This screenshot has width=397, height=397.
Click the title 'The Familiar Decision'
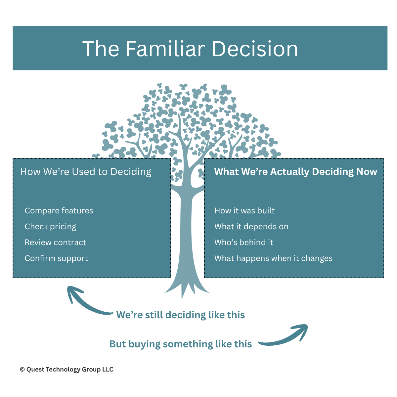click(x=190, y=49)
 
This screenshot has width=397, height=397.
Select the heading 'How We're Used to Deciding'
click(x=86, y=172)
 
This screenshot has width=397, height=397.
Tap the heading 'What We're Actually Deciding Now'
click(x=295, y=172)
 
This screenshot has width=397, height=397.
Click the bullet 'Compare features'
click(x=59, y=211)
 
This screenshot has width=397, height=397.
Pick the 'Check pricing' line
click(x=50, y=227)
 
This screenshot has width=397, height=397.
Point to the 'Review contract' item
click(x=55, y=243)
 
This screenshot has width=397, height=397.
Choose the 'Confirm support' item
click(x=56, y=258)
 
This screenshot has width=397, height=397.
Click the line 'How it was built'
click(x=244, y=211)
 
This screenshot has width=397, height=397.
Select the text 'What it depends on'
click(x=251, y=227)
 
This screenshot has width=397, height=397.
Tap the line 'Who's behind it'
click(x=244, y=243)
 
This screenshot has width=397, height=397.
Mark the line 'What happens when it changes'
click(x=273, y=258)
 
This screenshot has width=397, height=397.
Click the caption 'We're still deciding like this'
click(x=181, y=315)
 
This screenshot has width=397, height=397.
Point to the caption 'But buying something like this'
click(x=181, y=344)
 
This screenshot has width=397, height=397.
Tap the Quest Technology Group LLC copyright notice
click(x=67, y=370)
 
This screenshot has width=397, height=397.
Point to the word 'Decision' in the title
click(x=255, y=49)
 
